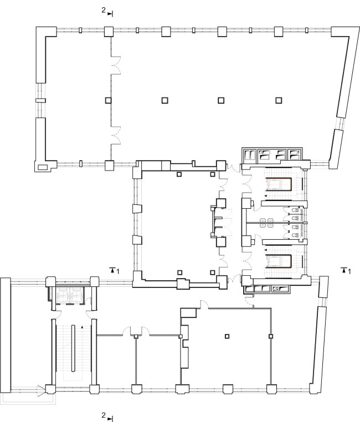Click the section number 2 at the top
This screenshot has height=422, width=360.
[x=104, y=10]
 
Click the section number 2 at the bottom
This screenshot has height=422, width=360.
[x=104, y=415]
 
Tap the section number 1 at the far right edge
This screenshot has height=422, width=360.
[x=349, y=271]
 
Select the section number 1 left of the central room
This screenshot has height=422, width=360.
[x=117, y=271]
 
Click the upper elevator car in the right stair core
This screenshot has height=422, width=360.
[x=279, y=184]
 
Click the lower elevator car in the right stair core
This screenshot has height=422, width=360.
[x=279, y=261]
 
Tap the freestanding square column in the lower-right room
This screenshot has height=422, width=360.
[x=227, y=336]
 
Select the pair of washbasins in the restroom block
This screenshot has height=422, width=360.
[x=266, y=223]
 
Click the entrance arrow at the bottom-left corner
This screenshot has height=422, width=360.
[x=41, y=391]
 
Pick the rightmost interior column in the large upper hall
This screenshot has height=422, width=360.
[x=279, y=100]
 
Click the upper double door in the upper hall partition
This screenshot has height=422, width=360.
[x=116, y=65]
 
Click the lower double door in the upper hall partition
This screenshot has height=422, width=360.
[x=116, y=135]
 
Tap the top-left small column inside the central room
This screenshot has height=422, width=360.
[x=179, y=174]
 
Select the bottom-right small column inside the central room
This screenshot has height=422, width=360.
[x=213, y=272]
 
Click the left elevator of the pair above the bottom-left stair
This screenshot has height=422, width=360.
[x=63, y=295]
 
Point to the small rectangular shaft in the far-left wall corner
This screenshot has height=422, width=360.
[x=42, y=167]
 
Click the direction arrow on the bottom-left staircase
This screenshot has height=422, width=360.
[x=83, y=327]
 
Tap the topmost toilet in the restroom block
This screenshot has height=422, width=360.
[x=296, y=210]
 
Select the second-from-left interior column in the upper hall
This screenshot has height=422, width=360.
[x=165, y=100]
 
